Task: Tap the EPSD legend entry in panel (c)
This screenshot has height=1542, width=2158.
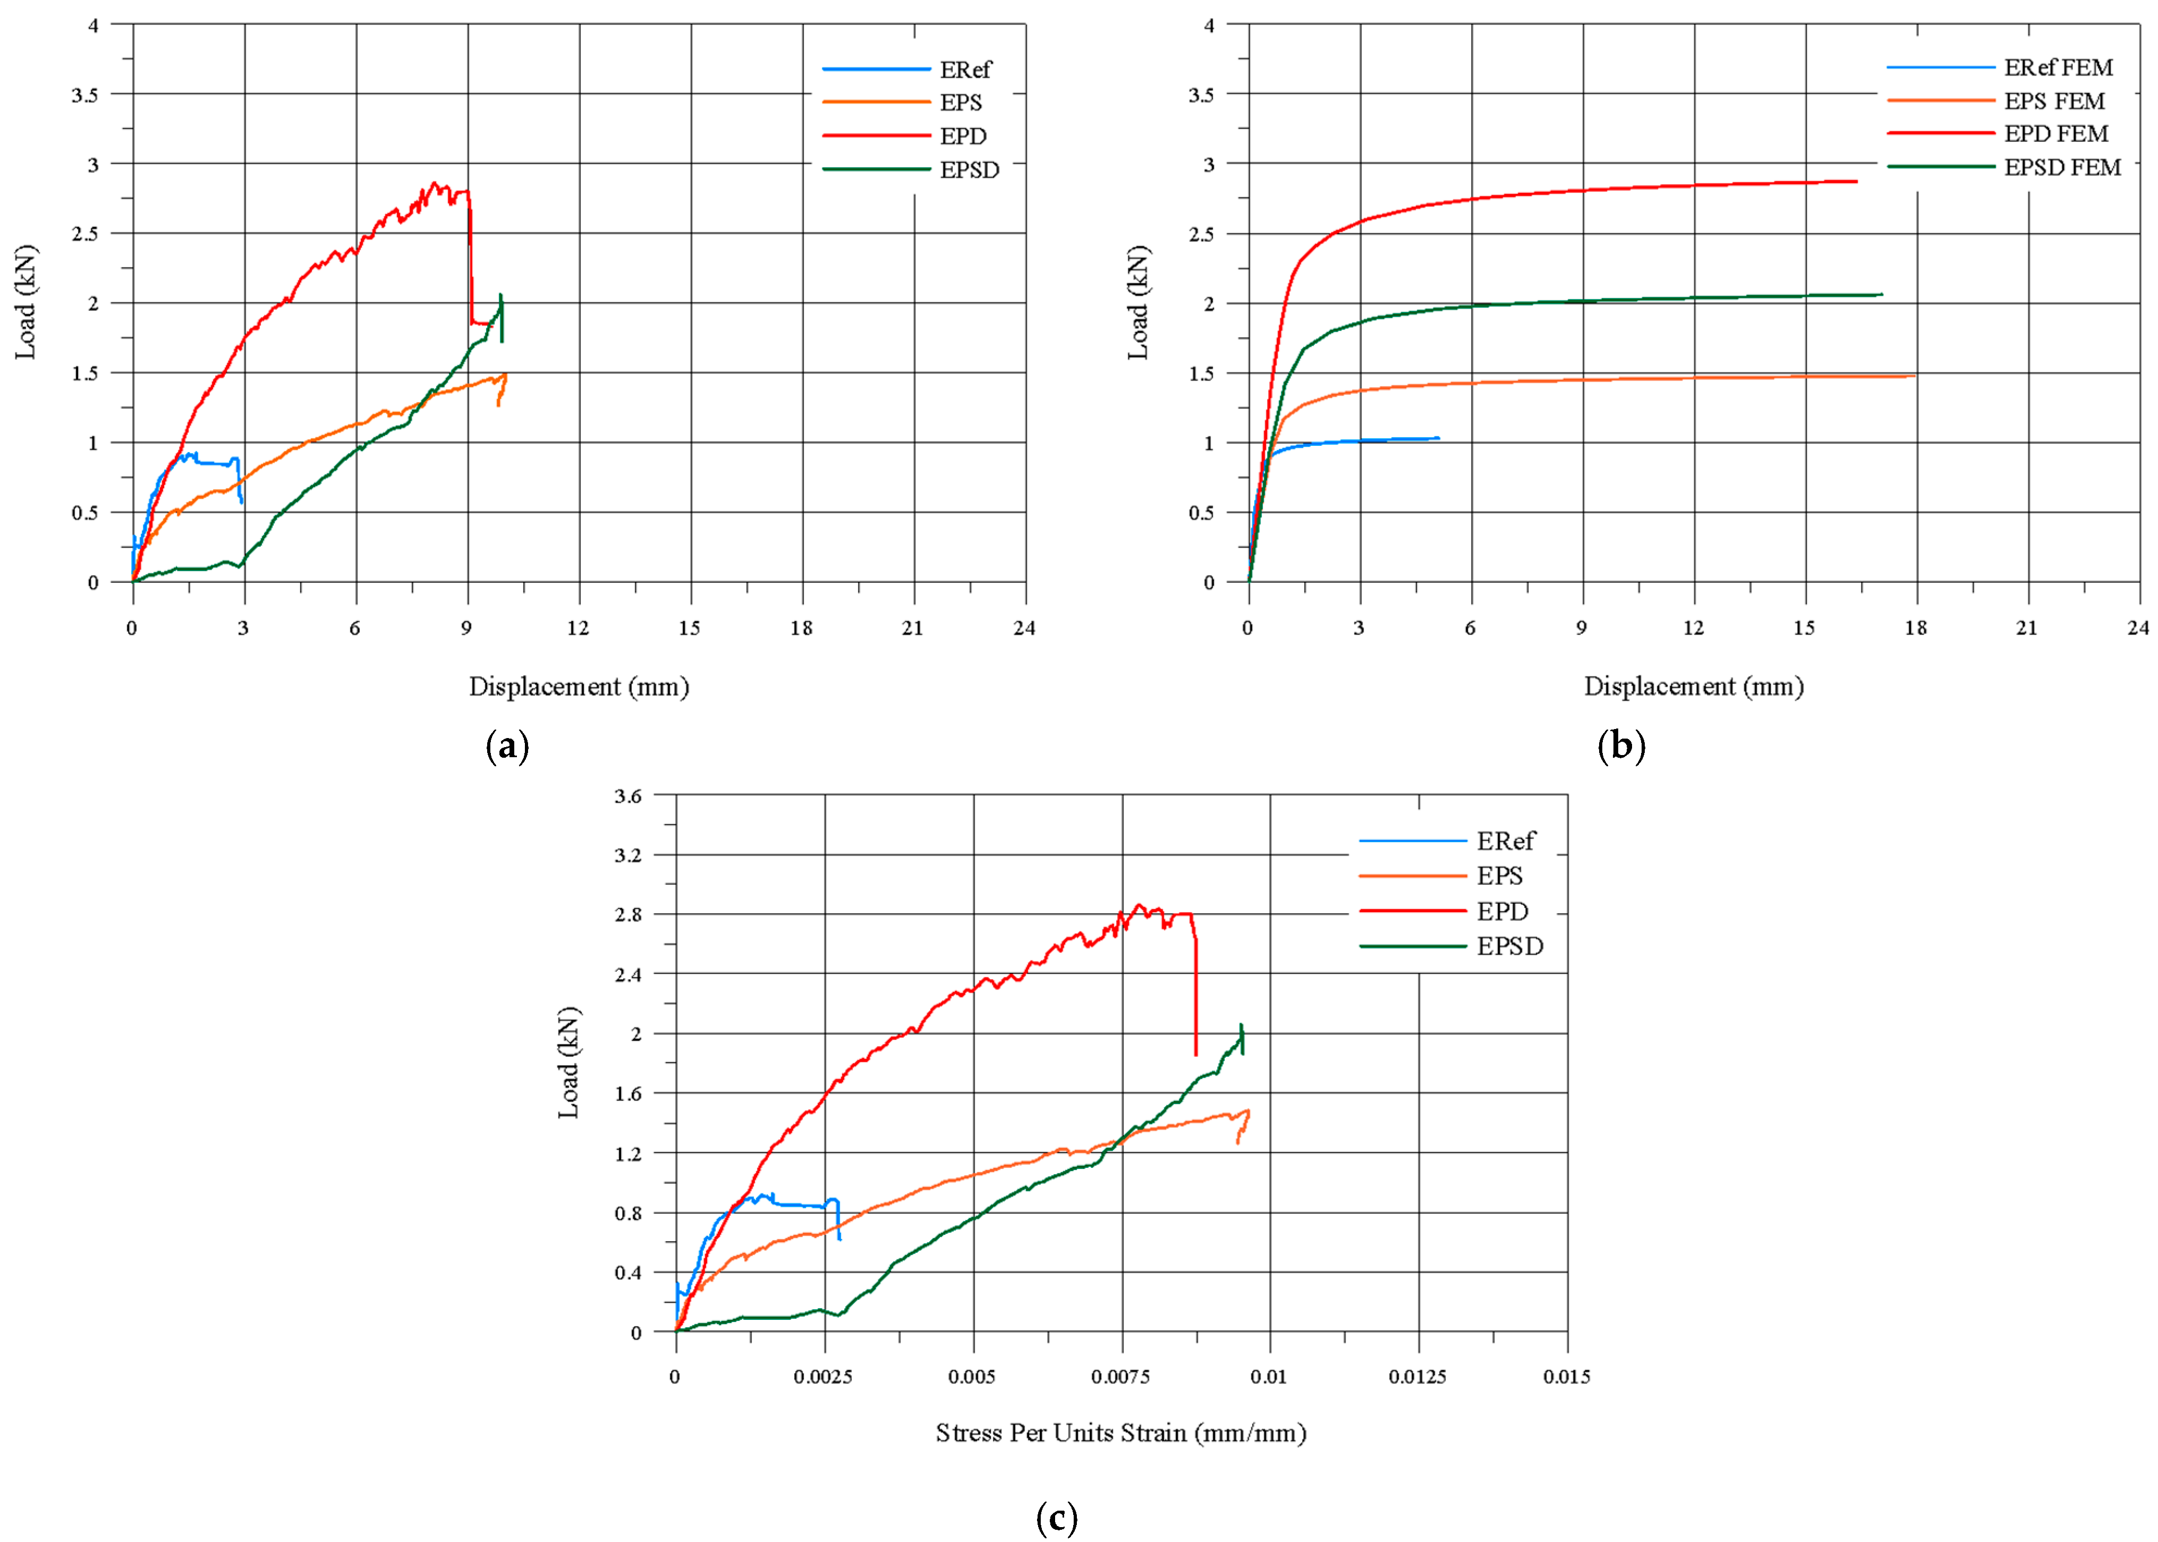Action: [1509, 947]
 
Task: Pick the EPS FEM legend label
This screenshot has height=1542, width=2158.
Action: [2053, 100]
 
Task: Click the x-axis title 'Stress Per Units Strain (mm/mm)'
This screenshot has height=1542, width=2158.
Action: [1120, 1433]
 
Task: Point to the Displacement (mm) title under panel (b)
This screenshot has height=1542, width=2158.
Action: [1693, 687]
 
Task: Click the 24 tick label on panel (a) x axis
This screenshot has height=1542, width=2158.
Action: [1023, 628]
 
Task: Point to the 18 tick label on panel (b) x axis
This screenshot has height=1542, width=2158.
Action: [1915, 628]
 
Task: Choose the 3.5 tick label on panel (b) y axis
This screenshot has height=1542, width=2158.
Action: [1201, 94]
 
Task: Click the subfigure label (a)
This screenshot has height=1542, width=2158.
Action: [507, 747]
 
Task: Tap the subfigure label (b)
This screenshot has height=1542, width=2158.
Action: [1621, 747]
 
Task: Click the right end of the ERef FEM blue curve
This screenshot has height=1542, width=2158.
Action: [1438, 438]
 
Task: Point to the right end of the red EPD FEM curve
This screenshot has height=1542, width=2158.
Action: [1856, 181]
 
